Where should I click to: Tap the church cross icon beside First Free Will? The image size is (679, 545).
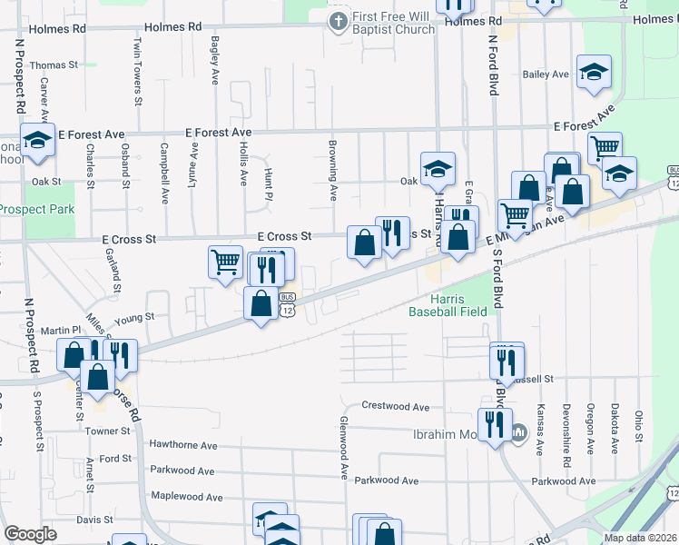pyautogui.click(x=338, y=19)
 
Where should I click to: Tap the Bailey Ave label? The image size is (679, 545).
pyautogui.click(x=546, y=74)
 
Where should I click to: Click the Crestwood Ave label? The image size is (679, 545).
pyautogui.click(x=395, y=406)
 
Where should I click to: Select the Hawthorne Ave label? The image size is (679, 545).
pyautogui.click(x=184, y=446)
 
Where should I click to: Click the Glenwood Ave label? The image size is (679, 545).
pyautogui.click(x=344, y=447)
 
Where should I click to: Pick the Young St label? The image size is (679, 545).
pyautogui.click(x=136, y=318)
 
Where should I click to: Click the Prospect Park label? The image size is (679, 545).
pyautogui.click(x=37, y=209)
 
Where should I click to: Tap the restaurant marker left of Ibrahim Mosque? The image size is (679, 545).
pyautogui.click(x=495, y=424)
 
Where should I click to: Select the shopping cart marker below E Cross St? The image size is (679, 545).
pyautogui.click(x=225, y=263)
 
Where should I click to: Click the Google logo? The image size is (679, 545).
pyautogui.click(x=30, y=534)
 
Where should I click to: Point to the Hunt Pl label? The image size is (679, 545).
pyautogui.click(x=268, y=183)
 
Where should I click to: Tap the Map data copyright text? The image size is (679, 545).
pyautogui.click(x=641, y=538)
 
